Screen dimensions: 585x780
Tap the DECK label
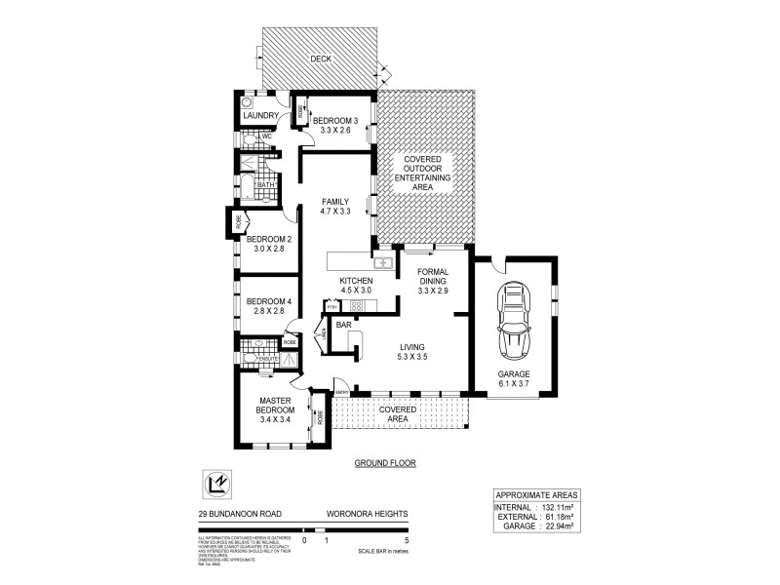click(321, 59)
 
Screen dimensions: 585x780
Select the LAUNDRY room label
click(261, 116)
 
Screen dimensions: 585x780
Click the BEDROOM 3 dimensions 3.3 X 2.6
click(333, 130)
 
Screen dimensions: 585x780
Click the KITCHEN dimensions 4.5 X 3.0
click(357, 291)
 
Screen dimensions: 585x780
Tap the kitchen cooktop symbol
click(356, 306)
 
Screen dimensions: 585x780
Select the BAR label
click(344, 325)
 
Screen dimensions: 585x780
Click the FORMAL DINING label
click(432, 277)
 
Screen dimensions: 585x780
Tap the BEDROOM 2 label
click(268, 239)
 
